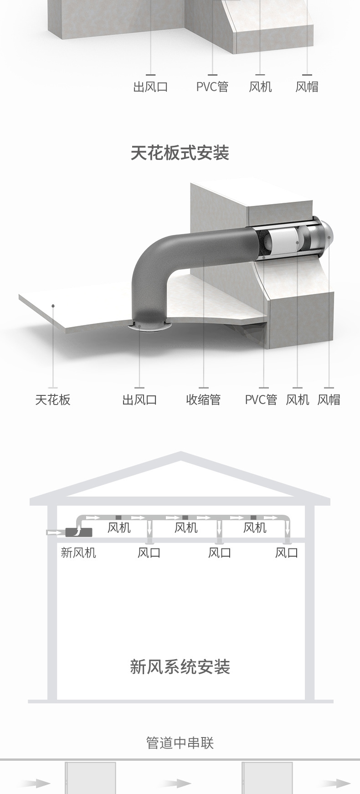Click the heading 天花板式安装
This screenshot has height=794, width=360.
click(180, 153)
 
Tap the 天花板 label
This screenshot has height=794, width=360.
click(53, 400)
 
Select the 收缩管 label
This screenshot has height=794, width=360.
click(203, 400)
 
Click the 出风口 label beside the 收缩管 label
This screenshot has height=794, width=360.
click(139, 400)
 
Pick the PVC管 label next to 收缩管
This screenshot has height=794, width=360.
click(261, 400)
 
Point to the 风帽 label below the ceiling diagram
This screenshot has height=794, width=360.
click(329, 400)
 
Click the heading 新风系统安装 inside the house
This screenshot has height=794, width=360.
click(180, 667)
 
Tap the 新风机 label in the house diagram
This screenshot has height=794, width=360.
click(78, 553)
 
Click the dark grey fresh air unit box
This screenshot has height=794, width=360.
click(78, 532)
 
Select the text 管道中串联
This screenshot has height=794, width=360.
click(180, 743)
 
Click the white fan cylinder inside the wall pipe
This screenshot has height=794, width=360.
click(281, 241)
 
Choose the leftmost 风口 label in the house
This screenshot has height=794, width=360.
click(149, 553)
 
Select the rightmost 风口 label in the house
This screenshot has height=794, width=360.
click(287, 553)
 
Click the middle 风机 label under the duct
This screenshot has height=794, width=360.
click(186, 528)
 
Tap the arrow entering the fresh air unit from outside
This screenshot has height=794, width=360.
click(55, 532)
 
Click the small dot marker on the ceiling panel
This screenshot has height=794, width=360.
click(53, 306)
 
